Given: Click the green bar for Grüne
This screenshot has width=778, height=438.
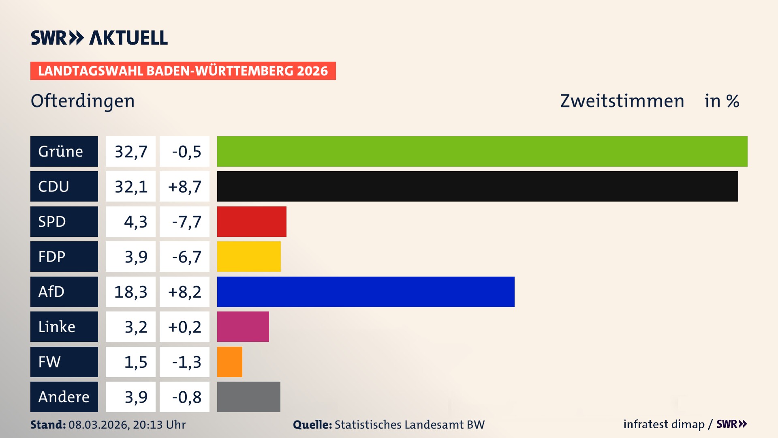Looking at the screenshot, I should [482, 151].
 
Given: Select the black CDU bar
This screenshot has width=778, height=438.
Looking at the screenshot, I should [477, 186].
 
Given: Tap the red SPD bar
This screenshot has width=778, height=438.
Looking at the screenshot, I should [252, 221].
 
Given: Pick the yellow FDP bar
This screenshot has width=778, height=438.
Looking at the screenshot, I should [249, 256].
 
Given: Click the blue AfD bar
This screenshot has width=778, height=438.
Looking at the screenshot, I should [365, 292].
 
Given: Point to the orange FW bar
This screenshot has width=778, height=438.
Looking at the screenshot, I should [229, 362].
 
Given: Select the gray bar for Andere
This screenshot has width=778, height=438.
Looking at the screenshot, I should [248, 397].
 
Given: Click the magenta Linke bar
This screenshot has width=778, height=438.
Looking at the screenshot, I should [243, 326].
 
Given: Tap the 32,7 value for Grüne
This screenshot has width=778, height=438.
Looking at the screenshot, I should [130, 152].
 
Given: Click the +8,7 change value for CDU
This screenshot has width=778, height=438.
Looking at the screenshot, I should [184, 187].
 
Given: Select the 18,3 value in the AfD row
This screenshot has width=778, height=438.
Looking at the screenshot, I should [130, 292].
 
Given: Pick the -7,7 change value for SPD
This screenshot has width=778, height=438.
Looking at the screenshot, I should [186, 222].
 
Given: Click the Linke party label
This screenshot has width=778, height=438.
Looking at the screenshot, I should [57, 327].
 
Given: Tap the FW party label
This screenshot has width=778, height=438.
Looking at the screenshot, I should [49, 362].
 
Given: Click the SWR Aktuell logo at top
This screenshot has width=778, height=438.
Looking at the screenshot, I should [99, 38].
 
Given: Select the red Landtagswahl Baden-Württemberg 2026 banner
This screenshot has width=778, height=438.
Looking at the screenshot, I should [183, 71].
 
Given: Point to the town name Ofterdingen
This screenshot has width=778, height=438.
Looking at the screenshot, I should [83, 101].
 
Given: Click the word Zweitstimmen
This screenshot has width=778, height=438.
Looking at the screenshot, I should [622, 101].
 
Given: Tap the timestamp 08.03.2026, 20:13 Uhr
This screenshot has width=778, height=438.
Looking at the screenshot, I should [127, 425].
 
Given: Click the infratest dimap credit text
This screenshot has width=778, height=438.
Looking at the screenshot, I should [664, 424].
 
